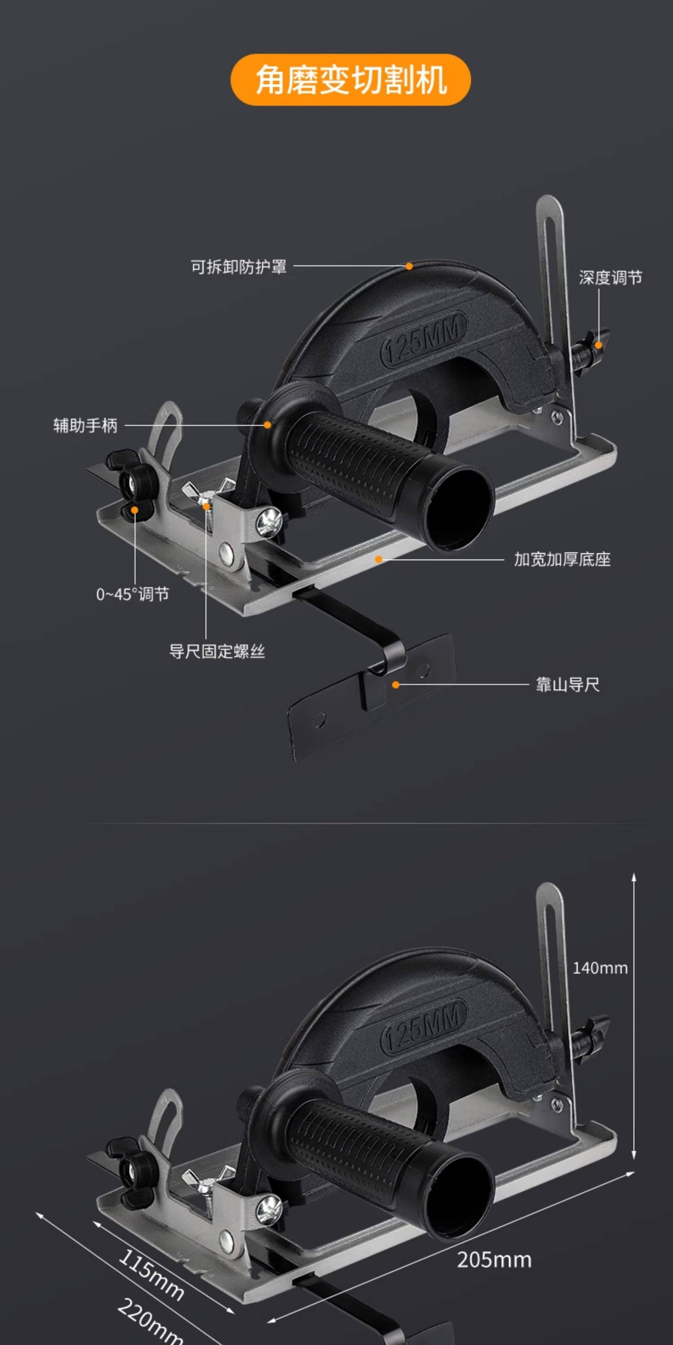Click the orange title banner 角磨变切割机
tap(351, 80)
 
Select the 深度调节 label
tap(610, 278)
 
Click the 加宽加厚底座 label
tap(562, 560)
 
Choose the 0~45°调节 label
tap(133, 594)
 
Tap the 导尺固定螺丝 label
tap(217, 652)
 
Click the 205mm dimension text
tap(494, 1260)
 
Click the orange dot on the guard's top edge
tap(409, 266)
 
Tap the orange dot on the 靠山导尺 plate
tap(396, 684)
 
